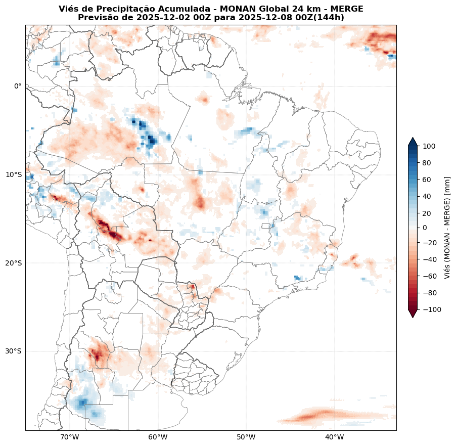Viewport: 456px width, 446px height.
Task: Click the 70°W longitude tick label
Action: point(69,437)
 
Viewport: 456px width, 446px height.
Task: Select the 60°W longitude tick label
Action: point(158,437)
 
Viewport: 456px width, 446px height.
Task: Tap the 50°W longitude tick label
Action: point(246,437)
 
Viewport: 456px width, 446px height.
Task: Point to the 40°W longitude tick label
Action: point(334,437)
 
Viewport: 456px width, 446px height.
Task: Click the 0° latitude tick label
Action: point(18,86)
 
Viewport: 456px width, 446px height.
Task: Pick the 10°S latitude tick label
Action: point(14,174)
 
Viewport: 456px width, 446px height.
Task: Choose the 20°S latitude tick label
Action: point(14,263)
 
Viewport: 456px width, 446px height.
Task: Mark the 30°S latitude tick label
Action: point(14,351)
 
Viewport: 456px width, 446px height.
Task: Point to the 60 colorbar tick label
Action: point(427,179)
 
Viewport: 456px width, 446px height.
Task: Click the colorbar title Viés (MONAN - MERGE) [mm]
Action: point(447,228)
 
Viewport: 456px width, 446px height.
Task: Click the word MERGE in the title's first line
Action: point(347,9)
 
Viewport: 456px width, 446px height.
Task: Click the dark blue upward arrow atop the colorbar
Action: point(413,142)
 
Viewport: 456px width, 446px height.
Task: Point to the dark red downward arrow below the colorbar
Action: point(413,314)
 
